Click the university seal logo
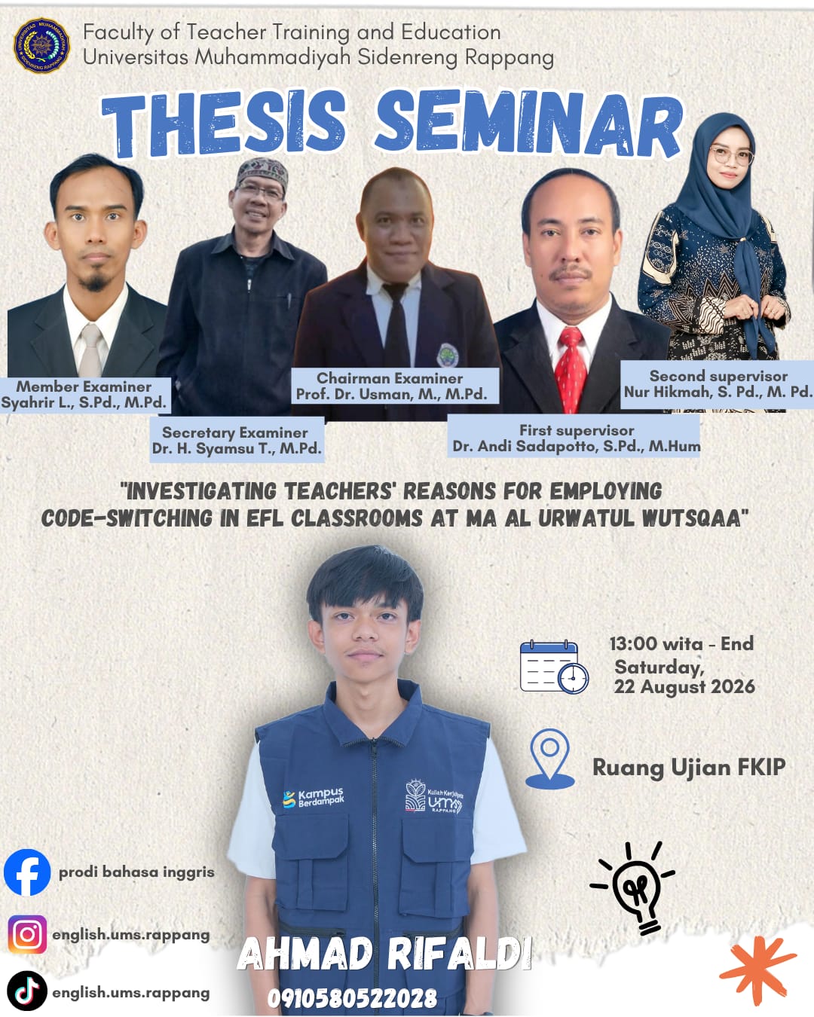(x=41, y=46)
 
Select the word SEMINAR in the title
(x=529, y=124)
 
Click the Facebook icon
(x=27, y=872)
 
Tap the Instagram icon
(x=27, y=934)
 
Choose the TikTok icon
(x=27, y=991)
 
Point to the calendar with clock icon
(x=554, y=667)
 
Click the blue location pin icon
(x=549, y=759)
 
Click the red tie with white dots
(x=571, y=369)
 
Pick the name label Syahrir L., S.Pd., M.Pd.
(x=84, y=402)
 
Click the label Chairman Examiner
(x=389, y=378)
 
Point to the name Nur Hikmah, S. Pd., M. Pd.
(x=718, y=392)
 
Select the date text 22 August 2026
(x=684, y=687)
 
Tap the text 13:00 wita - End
(x=681, y=643)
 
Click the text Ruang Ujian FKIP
(x=689, y=767)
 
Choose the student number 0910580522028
(x=353, y=998)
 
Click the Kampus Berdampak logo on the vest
(x=313, y=798)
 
